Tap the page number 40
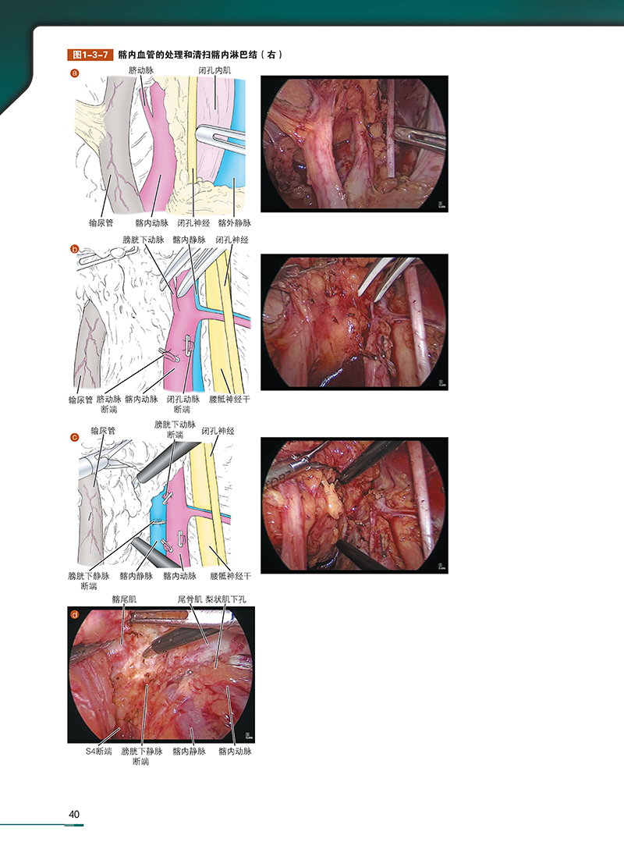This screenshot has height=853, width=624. pyautogui.click(x=75, y=814)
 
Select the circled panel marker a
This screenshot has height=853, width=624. pyautogui.click(x=76, y=74)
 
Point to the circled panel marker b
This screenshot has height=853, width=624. pyautogui.click(x=76, y=250)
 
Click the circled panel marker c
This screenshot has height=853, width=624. pyautogui.click(x=76, y=437)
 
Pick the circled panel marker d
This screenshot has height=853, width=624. pyautogui.click(x=76, y=613)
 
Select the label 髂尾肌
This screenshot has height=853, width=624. pyautogui.click(x=124, y=599)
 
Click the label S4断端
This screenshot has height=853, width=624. pyautogui.click(x=99, y=752)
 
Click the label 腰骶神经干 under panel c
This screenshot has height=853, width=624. pyautogui.click(x=231, y=577)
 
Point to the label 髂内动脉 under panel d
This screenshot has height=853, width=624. pyautogui.click(x=236, y=752)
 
